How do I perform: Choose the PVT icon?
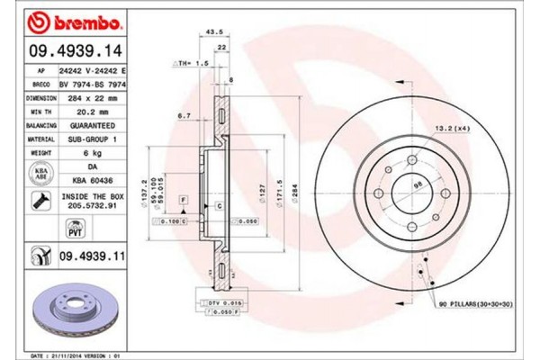(x=43, y=232)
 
